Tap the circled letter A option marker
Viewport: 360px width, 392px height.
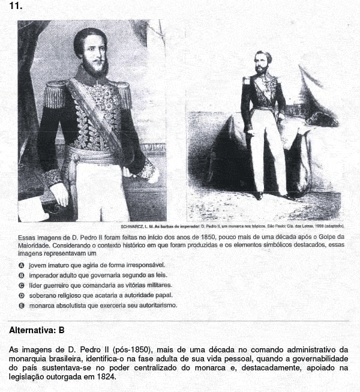[22, 265]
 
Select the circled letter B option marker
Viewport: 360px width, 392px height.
[22, 275]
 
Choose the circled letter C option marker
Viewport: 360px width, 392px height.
[22, 285]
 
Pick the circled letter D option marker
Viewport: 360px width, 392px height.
[22, 295]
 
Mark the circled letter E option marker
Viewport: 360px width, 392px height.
[22, 306]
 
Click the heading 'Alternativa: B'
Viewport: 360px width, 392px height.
[37, 330]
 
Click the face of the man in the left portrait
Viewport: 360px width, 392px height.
[90, 54]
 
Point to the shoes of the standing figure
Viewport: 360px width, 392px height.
[274, 196]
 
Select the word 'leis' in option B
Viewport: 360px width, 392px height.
[149, 275]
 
